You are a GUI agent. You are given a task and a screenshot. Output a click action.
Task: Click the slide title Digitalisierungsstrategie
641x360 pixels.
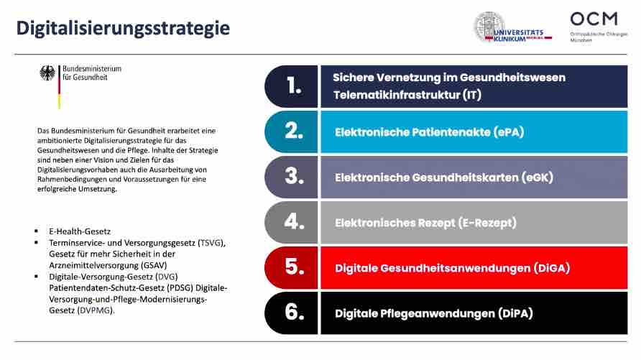pos(123,28)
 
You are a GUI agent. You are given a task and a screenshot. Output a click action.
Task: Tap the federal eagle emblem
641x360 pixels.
pos(47,73)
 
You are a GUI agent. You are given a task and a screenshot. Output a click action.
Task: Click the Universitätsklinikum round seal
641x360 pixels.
pos(489,28)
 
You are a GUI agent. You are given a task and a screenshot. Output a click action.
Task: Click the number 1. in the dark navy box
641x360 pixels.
pos(293,86)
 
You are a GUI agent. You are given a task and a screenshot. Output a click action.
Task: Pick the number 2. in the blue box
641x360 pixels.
pos(293,131)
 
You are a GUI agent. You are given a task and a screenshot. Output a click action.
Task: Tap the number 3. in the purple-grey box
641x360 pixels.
pos(293,177)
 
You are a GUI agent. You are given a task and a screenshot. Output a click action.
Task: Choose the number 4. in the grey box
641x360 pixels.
pos(293,222)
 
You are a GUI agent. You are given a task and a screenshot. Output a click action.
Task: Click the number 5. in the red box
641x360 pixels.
pos(293,267)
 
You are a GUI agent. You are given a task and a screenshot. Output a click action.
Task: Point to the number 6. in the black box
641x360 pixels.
pos(293,313)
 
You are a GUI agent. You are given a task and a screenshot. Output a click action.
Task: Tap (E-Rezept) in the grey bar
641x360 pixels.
pos(487,223)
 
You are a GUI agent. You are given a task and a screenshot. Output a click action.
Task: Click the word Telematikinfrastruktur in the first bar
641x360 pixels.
pos(396,95)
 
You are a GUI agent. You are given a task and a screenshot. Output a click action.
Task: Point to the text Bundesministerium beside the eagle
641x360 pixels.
pos(92,69)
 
